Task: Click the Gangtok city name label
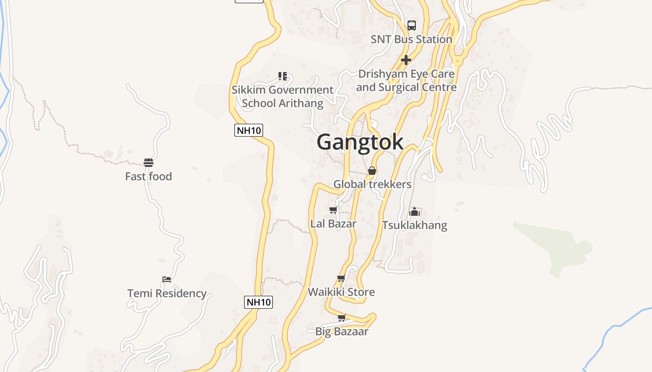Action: tap(360, 142)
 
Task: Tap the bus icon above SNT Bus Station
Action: tap(412, 26)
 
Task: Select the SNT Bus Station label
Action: tap(411, 40)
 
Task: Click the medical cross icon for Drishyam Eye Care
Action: tap(406, 60)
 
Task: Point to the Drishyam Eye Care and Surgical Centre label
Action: tap(406, 80)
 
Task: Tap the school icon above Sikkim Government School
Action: tap(283, 76)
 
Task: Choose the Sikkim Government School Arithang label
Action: tap(283, 96)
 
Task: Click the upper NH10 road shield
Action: tap(249, 130)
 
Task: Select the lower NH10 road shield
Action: tap(258, 302)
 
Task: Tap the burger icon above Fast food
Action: tap(149, 163)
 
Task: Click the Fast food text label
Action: tap(149, 177)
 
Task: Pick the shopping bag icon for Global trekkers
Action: tap(372, 171)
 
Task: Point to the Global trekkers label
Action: tap(372, 185)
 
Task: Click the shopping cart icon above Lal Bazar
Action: tap(333, 210)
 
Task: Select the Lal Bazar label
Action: tap(333, 224)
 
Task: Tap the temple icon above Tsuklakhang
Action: tap(414, 212)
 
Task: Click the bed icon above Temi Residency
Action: tap(167, 279)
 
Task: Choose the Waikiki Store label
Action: tap(341, 292)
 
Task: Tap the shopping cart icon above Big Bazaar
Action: tap(342, 318)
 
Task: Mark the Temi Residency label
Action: tap(167, 293)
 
